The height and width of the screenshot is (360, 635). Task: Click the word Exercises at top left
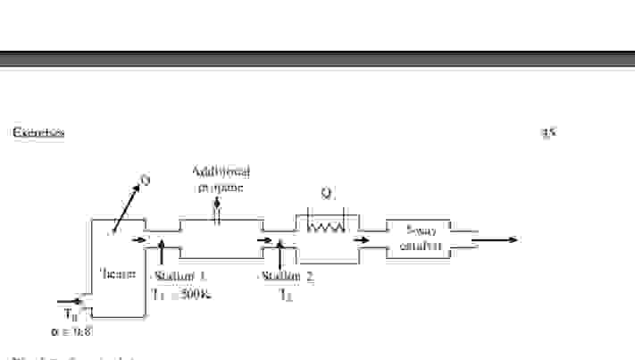pos(38,133)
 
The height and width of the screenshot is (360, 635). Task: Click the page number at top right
pos(548,133)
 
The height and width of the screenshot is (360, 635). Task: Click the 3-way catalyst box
pos(416,239)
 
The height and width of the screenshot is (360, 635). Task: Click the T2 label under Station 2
pos(284,293)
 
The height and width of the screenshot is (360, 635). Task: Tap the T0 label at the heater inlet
pos(71,314)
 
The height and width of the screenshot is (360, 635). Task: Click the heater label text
pos(118,273)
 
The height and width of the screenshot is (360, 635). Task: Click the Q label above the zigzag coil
pos(327,192)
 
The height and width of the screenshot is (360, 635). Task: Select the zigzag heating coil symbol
pos(325,228)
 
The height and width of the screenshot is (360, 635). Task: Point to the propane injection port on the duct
pos(217,212)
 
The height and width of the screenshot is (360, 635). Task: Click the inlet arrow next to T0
pos(70,301)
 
